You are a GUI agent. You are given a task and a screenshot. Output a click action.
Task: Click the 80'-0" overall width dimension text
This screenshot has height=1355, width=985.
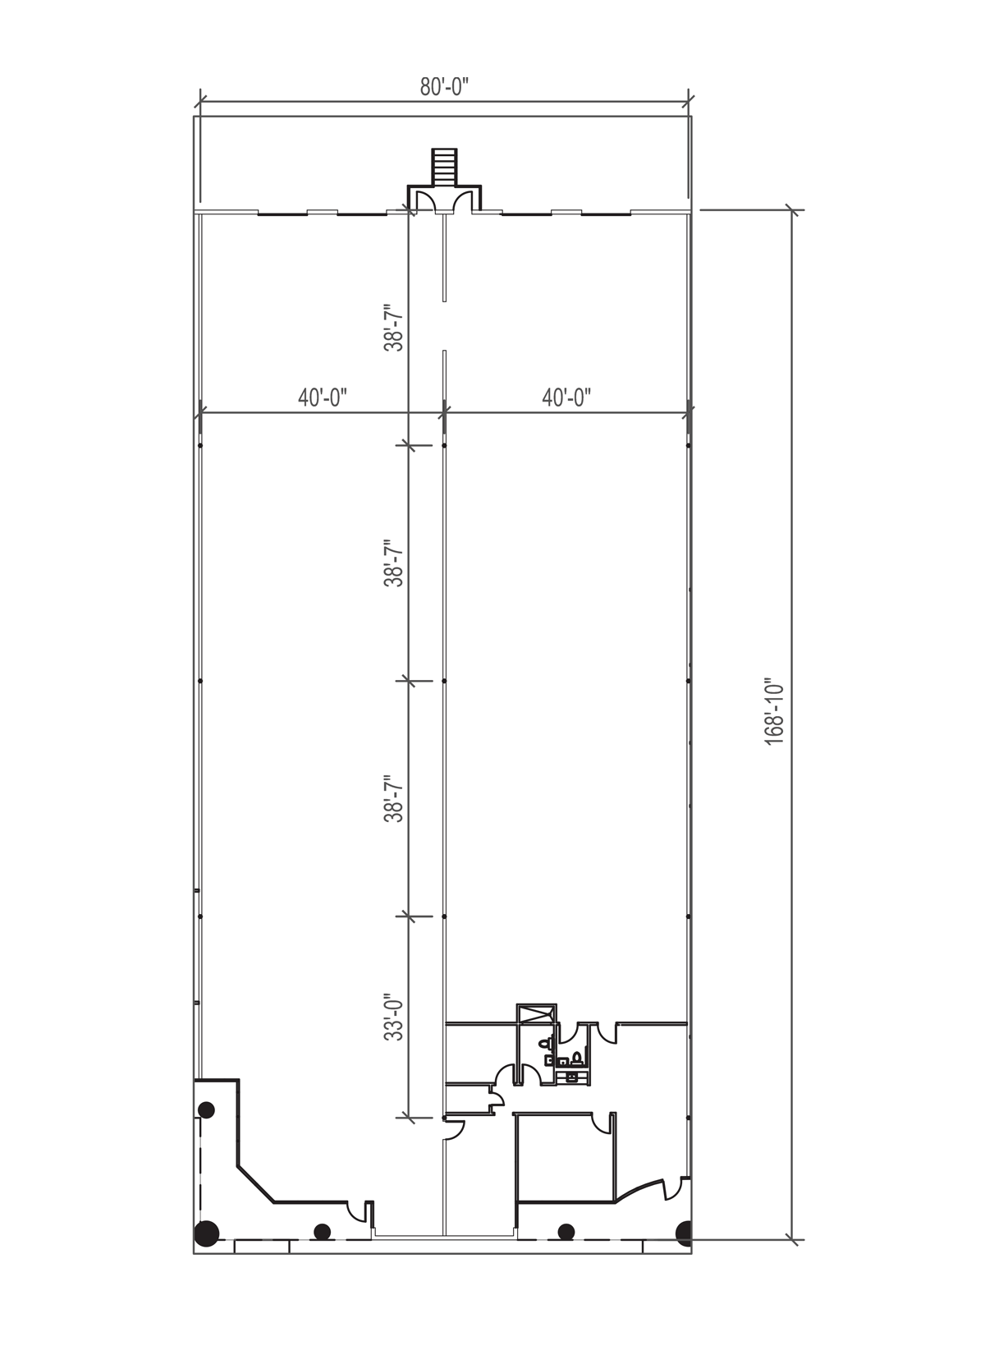point(444,87)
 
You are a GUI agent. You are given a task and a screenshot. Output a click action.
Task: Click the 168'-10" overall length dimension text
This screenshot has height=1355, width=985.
point(774,711)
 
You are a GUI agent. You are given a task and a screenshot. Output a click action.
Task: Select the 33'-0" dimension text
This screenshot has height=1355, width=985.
point(396,1017)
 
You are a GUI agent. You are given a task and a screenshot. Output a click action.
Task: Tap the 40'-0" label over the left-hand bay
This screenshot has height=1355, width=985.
point(323,398)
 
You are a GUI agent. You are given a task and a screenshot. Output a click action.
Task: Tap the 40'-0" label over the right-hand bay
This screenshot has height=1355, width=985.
point(566,398)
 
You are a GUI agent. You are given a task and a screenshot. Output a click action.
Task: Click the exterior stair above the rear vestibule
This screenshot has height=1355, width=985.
point(444,167)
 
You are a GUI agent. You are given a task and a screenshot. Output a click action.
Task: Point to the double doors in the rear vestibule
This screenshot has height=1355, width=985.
point(445,201)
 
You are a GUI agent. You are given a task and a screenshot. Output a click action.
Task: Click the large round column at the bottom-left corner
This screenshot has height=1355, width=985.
point(206,1232)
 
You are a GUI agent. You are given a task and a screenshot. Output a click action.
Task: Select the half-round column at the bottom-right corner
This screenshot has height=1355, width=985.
point(683,1232)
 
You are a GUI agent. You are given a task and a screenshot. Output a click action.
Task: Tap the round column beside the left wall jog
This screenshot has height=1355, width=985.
point(206,1110)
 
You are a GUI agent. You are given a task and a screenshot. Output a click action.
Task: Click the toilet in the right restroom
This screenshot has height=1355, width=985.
point(577,1057)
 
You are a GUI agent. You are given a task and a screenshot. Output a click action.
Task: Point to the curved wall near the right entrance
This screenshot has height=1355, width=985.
point(640,1189)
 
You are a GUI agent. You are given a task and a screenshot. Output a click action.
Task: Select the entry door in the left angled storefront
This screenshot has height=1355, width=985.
point(358,1211)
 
